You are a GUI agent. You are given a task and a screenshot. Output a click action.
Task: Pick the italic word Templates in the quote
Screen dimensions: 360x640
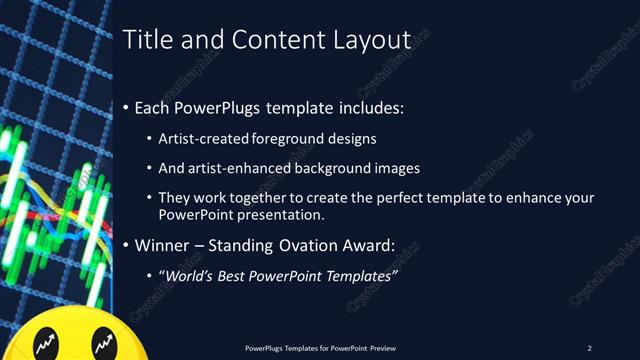point(360,275)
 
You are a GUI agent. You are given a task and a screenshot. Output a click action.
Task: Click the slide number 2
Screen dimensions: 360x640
point(589,348)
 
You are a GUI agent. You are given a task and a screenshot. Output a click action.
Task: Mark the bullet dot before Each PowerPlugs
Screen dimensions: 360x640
point(125,108)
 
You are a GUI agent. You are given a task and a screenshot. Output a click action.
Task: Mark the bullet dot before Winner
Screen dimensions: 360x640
point(125,245)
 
